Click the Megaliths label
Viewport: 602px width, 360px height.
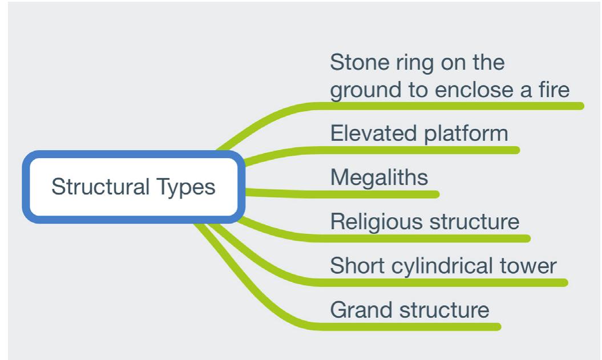(x=379, y=177)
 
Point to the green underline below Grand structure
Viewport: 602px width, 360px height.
(x=411, y=327)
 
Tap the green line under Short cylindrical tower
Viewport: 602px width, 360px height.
(x=445, y=283)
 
